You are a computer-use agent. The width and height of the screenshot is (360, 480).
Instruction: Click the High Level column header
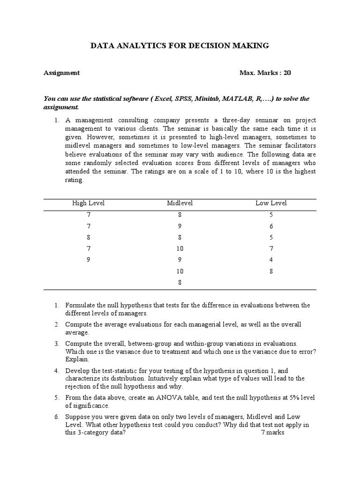tap(88, 203)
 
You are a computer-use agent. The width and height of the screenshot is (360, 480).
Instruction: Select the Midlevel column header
tap(180, 203)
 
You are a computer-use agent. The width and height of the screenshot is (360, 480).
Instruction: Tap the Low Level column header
tap(271, 203)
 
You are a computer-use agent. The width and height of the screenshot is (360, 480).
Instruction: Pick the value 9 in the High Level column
tap(88, 260)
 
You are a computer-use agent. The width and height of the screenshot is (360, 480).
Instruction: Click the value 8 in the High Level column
tap(88, 237)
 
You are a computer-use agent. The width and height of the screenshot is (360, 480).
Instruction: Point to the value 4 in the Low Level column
tap(271, 260)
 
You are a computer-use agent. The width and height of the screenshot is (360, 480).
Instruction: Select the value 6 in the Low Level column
tap(271, 226)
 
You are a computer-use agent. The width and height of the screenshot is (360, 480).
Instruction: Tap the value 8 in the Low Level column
tap(271, 271)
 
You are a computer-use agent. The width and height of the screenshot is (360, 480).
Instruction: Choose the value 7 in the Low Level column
tap(271, 248)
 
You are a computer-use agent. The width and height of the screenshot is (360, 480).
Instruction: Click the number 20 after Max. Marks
tap(287, 73)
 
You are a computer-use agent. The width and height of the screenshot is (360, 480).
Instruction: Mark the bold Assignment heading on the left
tap(61, 73)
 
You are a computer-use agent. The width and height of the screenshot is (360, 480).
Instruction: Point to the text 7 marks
tap(272, 433)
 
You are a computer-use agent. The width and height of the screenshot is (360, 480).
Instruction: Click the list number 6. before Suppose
tap(57, 417)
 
